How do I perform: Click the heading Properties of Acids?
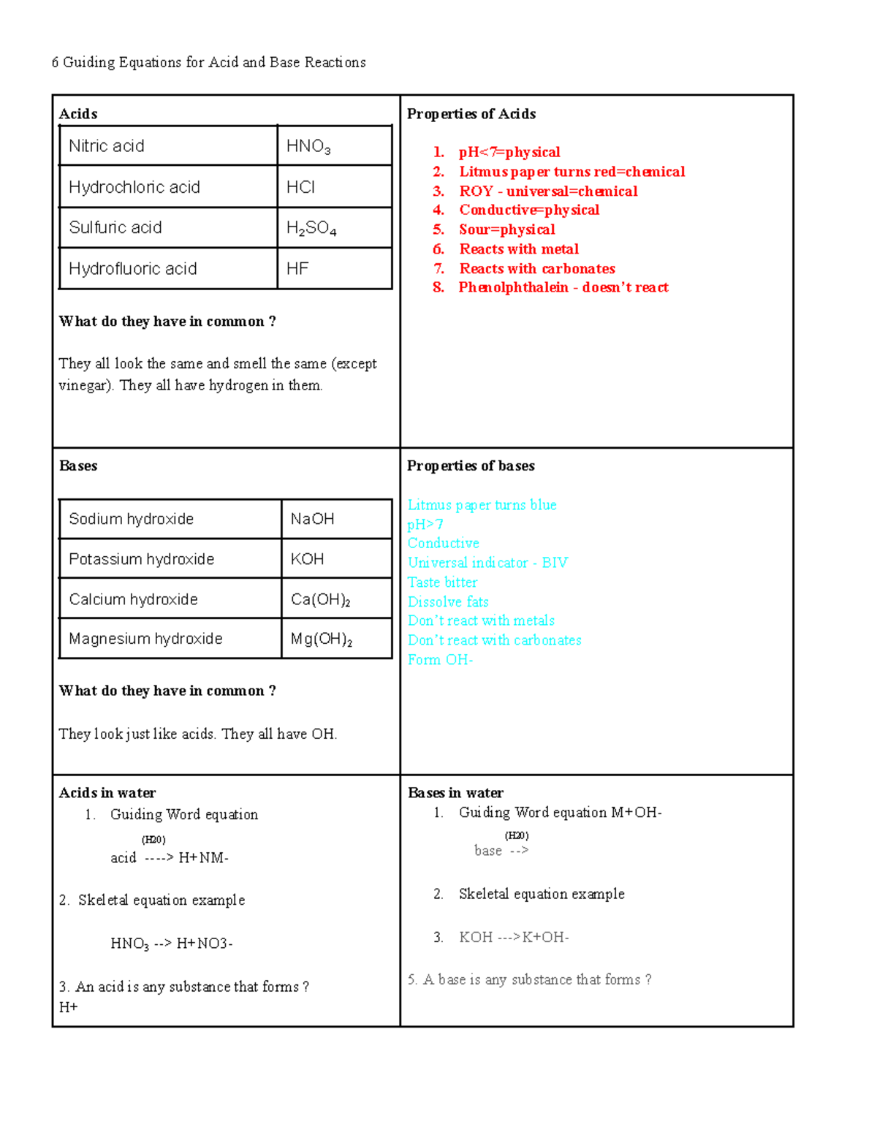click(471, 114)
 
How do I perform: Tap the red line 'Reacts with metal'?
click(519, 249)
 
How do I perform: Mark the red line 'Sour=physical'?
click(507, 229)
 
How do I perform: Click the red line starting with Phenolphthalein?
click(563, 287)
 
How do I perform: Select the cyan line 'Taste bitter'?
click(442, 582)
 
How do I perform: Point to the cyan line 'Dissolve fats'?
click(448, 602)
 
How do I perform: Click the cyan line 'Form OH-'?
click(440, 660)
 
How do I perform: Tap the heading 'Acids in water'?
click(107, 793)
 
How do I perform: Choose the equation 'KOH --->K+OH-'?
click(514, 938)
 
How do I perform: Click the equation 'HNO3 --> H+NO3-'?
click(172, 944)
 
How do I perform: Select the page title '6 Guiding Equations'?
click(208, 63)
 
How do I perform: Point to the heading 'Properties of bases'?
click(471, 466)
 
